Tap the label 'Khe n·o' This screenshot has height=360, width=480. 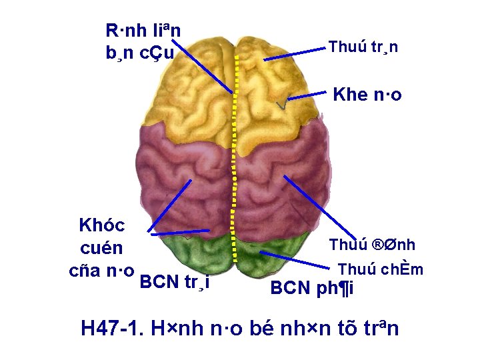pos(367,94)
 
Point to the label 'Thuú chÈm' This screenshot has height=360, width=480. pos(380,269)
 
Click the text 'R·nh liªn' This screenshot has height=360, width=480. pos(143,30)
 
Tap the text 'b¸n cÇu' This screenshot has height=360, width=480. pos(140,53)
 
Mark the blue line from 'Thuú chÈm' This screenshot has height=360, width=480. pos(297,261)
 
